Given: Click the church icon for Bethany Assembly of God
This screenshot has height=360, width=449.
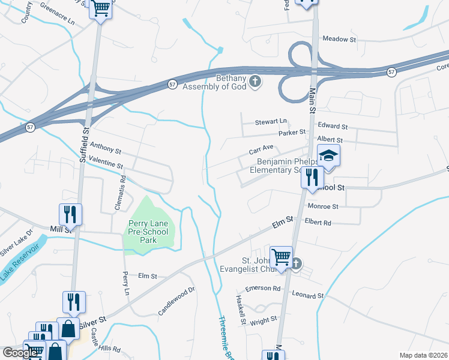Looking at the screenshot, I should click(x=255, y=80).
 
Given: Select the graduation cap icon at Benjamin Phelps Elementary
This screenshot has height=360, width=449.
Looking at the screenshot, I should click(x=328, y=156).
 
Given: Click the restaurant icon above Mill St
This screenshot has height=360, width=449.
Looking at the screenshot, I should click(x=70, y=214).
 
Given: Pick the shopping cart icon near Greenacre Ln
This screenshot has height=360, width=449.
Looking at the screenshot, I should click(x=100, y=8).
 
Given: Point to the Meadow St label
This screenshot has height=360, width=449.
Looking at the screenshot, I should click(x=339, y=39).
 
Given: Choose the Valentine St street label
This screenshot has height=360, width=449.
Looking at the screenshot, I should click(x=105, y=161).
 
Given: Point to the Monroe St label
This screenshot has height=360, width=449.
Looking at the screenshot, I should click(x=323, y=206).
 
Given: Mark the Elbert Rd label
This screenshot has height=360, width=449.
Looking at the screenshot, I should click(x=318, y=222).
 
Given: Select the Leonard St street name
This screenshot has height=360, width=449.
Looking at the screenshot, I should click(x=308, y=296).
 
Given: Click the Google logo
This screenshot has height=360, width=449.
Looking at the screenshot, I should click(x=20, y=353).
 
